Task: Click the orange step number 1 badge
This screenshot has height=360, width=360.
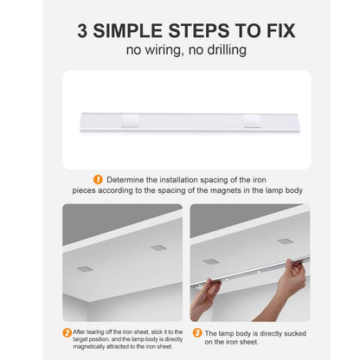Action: [98, 180]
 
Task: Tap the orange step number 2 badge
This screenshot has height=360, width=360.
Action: [67, 333]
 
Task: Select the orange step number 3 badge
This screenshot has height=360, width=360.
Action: [197, 333]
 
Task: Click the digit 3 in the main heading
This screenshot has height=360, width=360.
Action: [82, 31]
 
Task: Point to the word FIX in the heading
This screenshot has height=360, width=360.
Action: [280, 31]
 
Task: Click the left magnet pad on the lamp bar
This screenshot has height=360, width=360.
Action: [131, 121]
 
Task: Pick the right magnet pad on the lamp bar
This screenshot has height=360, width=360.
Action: [252, 121]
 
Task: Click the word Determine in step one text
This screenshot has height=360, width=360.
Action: [125, 180]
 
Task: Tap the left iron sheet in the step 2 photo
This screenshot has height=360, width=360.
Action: [85, 268]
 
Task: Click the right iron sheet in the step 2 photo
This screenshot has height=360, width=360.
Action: [158, 247]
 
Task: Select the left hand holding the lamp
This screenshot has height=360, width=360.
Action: [205, 299]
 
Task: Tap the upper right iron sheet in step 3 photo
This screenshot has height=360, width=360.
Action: [286, 241]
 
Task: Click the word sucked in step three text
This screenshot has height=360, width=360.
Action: [295, 333]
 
